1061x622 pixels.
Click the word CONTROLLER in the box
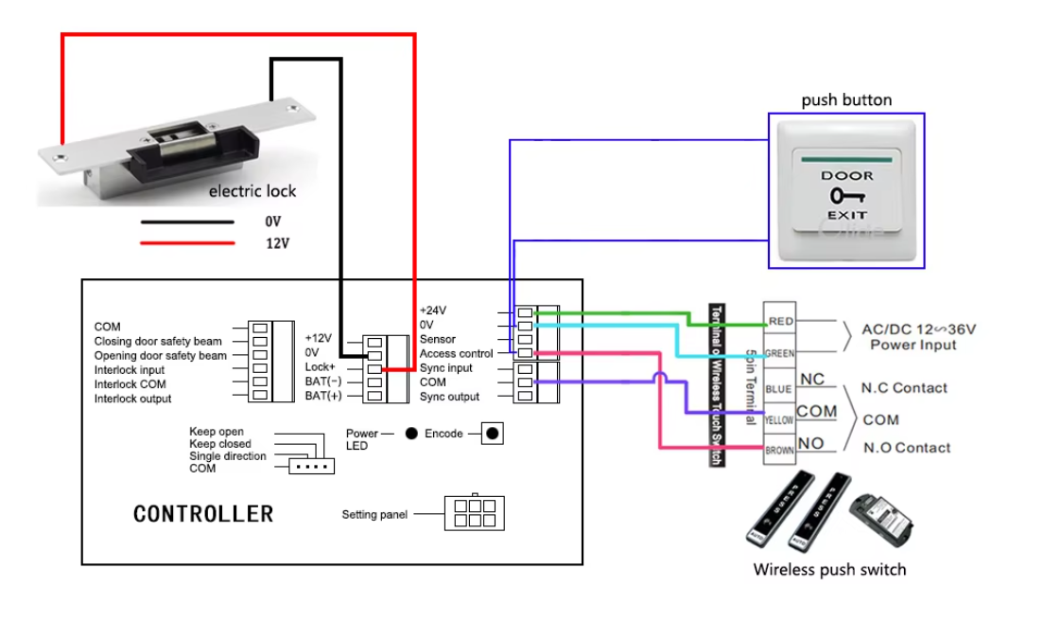pos(203,514)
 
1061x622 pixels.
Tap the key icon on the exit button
pos(846,196)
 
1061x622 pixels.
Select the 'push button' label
pos(846,100)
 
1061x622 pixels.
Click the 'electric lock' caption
pos(252,191)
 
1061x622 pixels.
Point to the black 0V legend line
pos(187,222)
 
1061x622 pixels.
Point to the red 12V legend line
pos(187,243)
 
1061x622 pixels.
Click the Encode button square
pos(492,434)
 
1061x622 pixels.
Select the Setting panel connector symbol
pos(474,512)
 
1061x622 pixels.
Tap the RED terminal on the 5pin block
pos(780,322)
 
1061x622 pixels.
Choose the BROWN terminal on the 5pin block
pos(779,451)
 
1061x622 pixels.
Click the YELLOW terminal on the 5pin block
pos(779,418)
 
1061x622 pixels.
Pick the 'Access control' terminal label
pos(457,354)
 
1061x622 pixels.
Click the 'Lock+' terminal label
pos(321,366)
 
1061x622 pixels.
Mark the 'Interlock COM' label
pos(130,384)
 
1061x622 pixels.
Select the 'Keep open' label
pos(217,432)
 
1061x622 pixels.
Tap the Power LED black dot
pos(411,434)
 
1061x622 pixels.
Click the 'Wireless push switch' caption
pos(829,570)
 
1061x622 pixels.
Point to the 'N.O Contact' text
pos(907,448)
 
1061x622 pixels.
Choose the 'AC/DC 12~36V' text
pos(918,330)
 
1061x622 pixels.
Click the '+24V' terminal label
pos(433,311)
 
